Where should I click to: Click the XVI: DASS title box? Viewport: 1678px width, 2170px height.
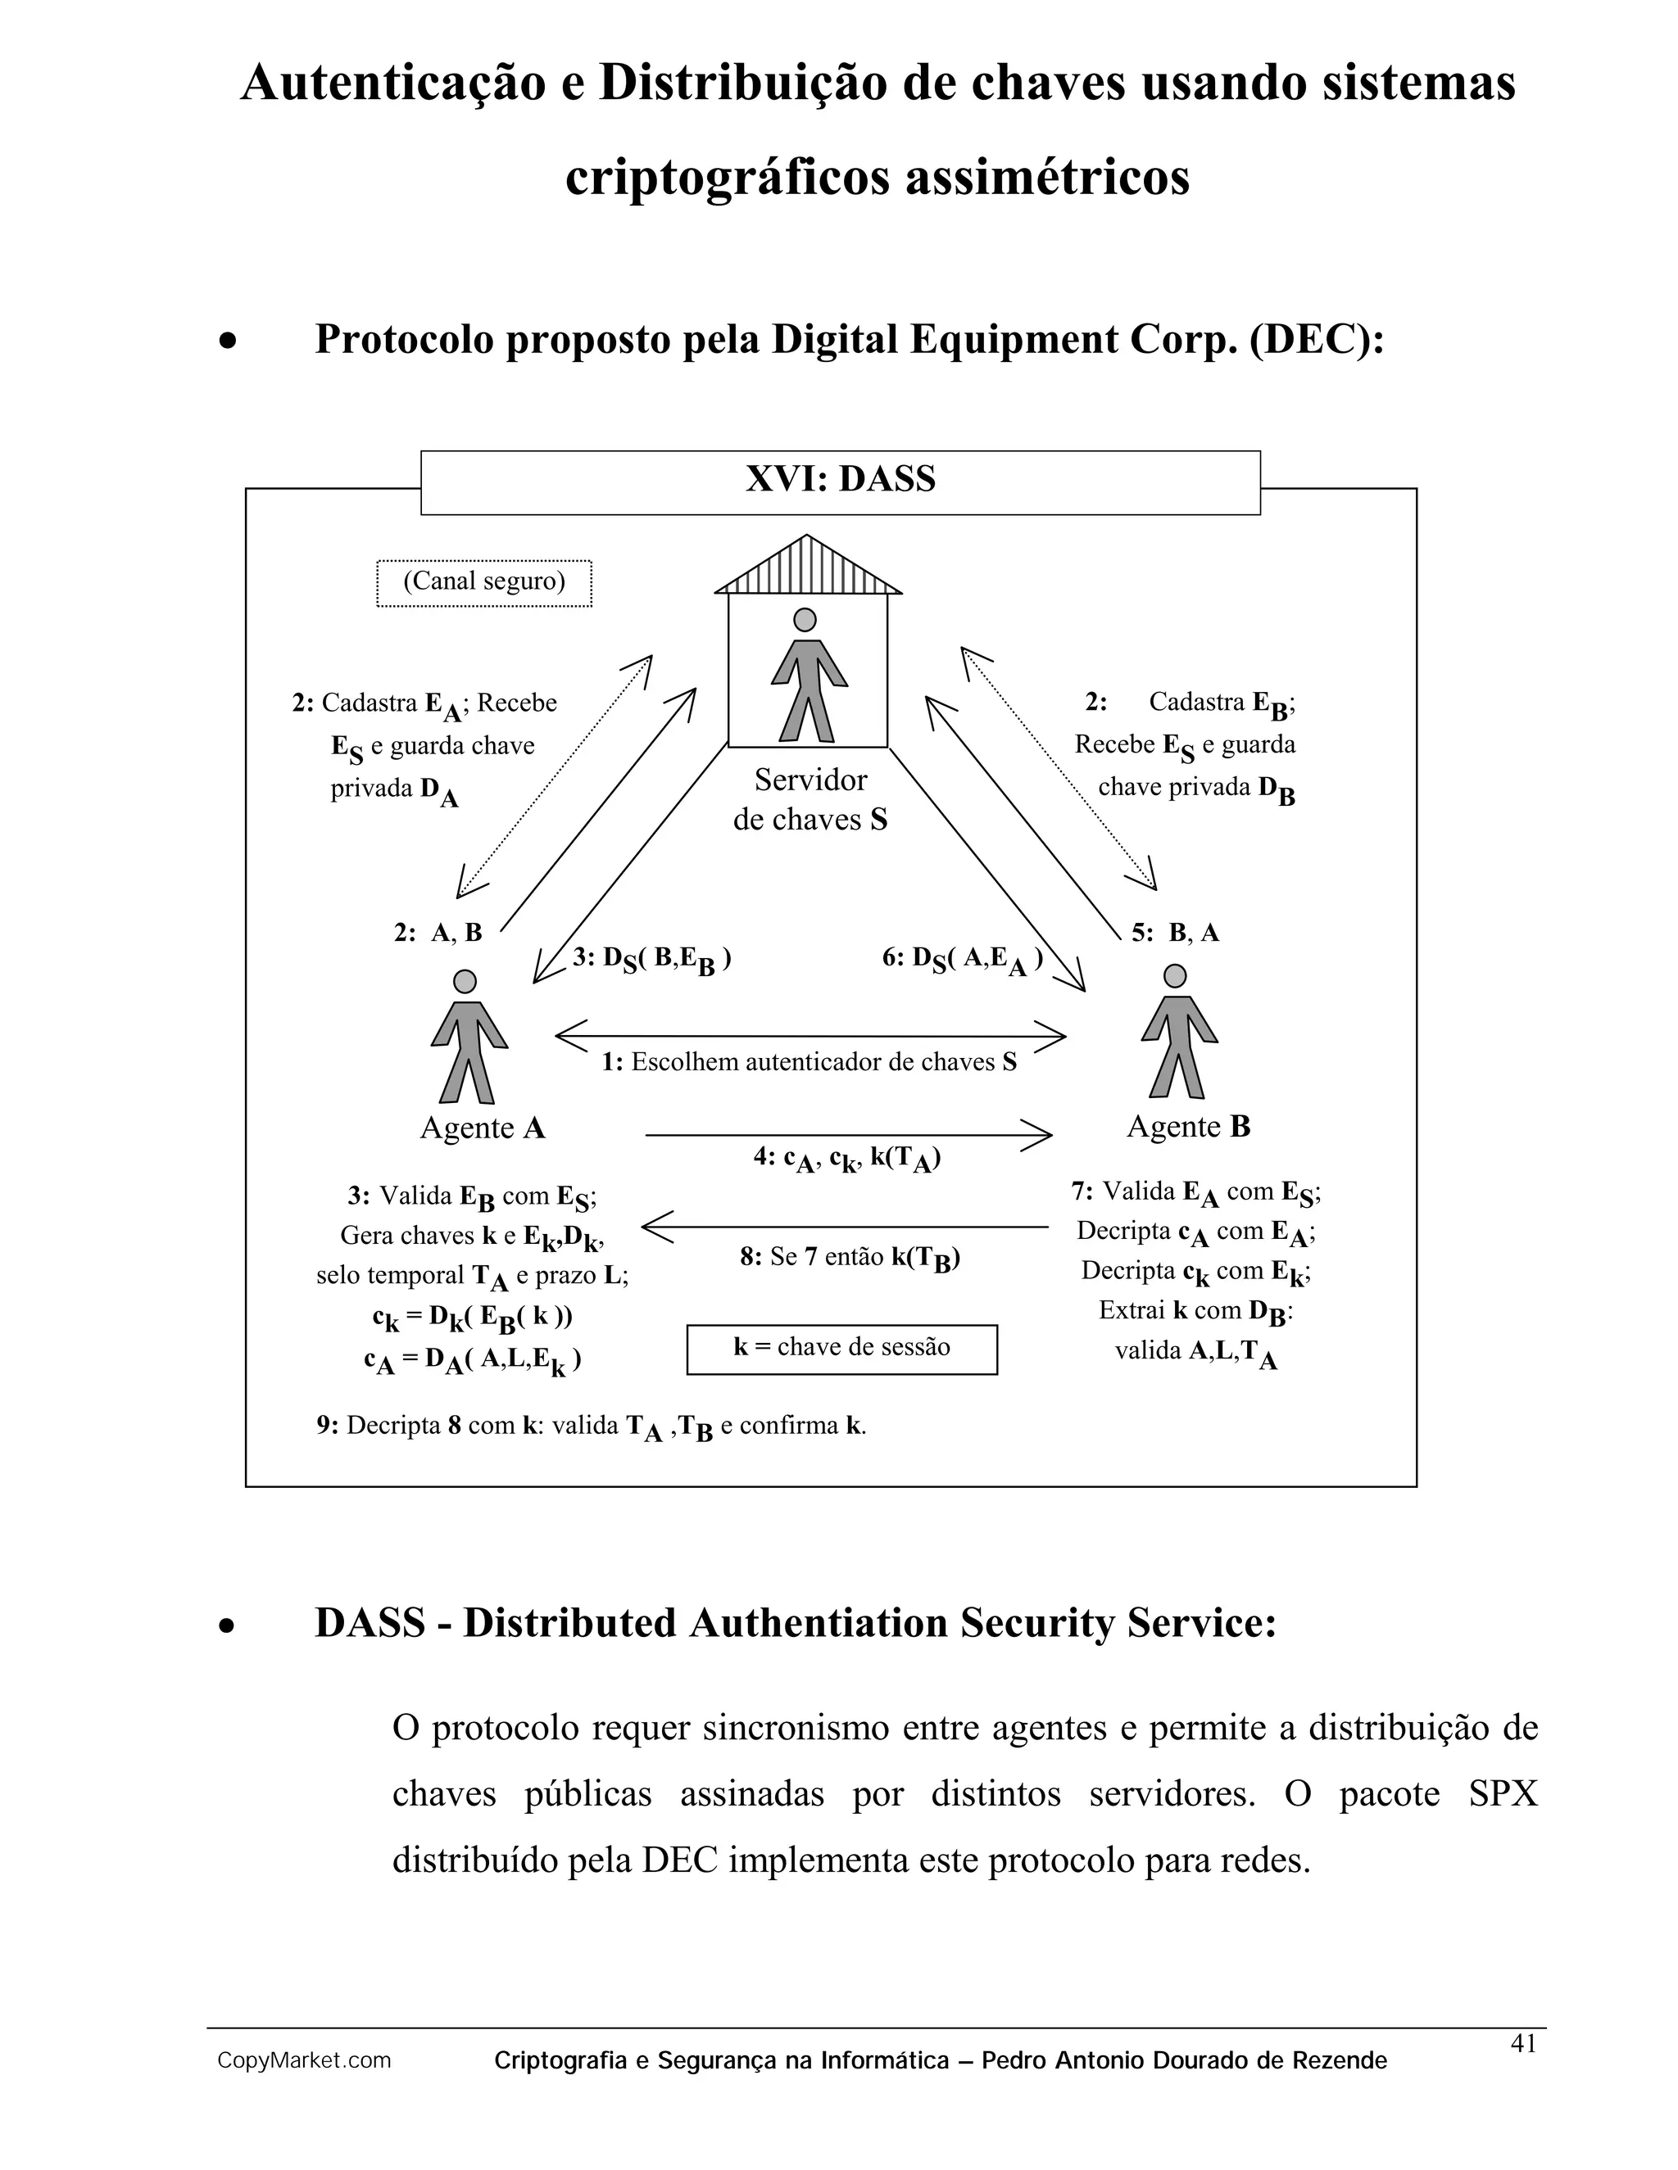[x=840, y=481]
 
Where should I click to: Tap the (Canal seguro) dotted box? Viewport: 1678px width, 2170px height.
[x=484, y=582]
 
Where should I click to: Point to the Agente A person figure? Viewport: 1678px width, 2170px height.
[x=468, y=1038]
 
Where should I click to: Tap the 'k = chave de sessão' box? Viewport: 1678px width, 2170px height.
[x=841, y=1349]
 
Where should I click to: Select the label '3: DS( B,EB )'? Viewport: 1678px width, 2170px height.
[x=652, y=960]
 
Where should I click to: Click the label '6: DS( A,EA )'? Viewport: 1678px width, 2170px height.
[x=962, y=960]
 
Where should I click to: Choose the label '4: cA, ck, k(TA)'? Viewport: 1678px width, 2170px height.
[x=847, y=1159]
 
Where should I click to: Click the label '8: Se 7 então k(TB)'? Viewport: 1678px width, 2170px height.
[x=850, y=1258]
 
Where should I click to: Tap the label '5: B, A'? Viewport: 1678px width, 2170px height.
[x=1175, y=933]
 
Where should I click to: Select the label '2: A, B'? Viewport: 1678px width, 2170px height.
[x=438, y=933]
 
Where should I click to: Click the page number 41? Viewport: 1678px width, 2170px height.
[x=1523, y=2043]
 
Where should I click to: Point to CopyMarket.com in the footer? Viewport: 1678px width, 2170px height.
[x=304, y=2061]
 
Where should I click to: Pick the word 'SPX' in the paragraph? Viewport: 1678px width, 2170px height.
[x=1502, y=1793]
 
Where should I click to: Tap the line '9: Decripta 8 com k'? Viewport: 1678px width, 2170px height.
[x=592, y=1426]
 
